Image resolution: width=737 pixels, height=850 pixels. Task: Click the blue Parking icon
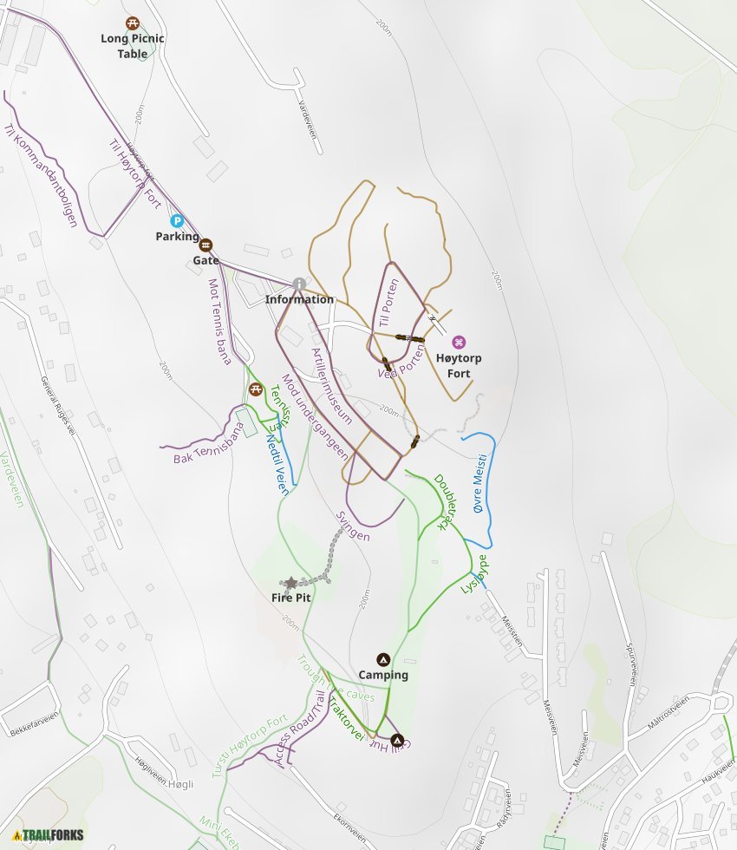click(177, 221)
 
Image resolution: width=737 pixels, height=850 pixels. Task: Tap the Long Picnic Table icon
click(133, 23)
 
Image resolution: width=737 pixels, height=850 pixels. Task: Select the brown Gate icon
click(206, 245)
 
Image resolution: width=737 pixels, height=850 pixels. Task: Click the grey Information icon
click(299, 284)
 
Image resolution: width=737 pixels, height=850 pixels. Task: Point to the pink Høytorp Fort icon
click(459, 342)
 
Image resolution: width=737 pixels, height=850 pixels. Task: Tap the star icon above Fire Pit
click(291, 583)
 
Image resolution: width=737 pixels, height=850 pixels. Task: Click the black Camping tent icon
click(382, 659)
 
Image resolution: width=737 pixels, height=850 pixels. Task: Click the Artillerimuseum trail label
click(331, 386)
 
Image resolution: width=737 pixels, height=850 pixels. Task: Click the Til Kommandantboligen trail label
click(40, 174)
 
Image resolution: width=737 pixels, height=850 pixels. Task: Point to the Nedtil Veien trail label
click(277, 463)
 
